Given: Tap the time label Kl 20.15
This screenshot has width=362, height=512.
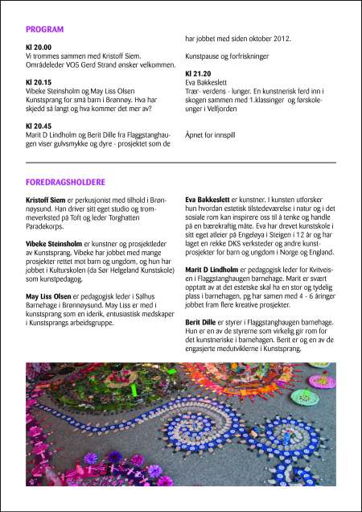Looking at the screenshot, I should click(38, 82).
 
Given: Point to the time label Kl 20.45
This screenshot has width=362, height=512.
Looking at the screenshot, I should click(38, 126).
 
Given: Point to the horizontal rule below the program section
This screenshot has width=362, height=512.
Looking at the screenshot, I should click(180, 163).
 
